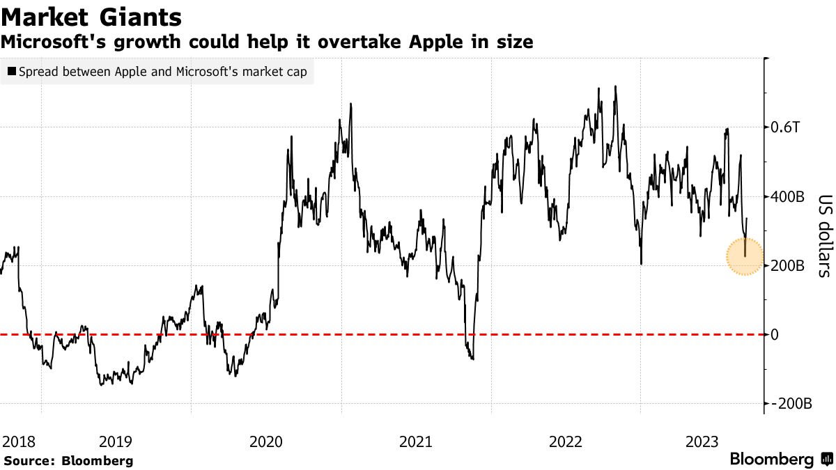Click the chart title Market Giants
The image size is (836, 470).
point(91,17)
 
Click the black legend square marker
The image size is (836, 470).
point(12,71)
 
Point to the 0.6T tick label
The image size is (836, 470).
point(787,127)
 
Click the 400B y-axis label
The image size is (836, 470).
point(787,196)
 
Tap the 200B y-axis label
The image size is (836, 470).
point(787,266)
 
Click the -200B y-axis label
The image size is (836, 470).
point(791,404)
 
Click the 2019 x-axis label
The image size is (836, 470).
point(116,441)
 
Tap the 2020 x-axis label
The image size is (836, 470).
point(266,441)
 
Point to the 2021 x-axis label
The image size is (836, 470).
point(416,441)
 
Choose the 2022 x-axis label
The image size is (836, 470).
point(566,441)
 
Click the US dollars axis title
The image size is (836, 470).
point(823,235)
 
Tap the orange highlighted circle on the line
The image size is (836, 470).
point(745,256)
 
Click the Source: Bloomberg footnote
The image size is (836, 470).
point(68,461)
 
